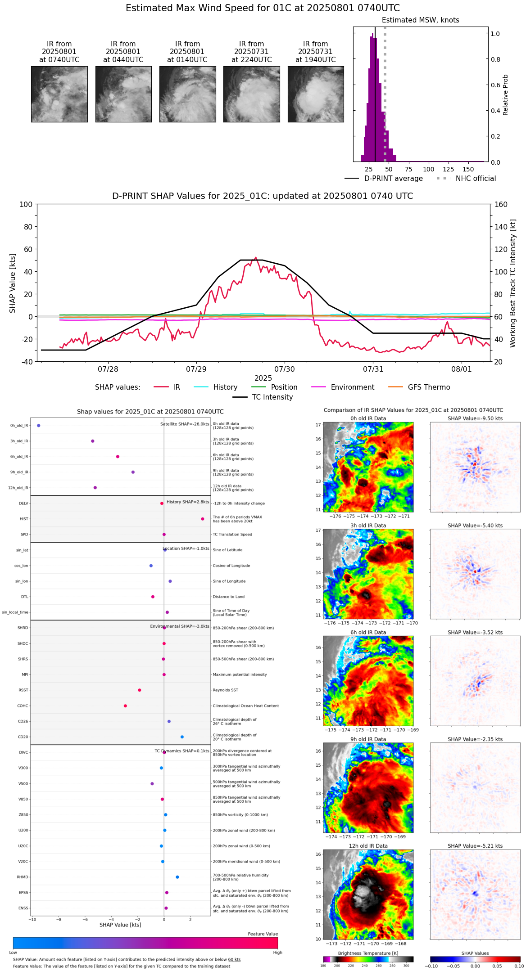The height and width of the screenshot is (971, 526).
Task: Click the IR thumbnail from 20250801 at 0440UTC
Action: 123,94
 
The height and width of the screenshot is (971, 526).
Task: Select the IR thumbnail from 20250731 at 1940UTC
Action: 316,94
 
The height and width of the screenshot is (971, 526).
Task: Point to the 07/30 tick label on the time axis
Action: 285,369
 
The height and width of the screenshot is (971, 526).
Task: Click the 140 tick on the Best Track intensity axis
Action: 501,227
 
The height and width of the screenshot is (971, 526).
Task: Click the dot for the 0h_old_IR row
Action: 39,426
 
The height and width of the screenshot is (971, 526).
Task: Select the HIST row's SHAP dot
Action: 203,519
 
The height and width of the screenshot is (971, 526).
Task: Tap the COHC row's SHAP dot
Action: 125,706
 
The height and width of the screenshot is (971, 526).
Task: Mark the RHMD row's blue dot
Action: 177,877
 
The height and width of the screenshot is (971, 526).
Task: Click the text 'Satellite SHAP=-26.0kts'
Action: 185,424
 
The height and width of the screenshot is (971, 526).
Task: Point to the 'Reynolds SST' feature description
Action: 226,690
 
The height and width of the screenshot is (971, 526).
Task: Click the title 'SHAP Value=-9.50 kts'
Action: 475,418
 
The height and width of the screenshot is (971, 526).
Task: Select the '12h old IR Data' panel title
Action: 368,846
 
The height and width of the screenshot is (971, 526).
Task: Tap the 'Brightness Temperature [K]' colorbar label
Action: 368,953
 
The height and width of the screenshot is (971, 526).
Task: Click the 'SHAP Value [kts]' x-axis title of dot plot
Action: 120,925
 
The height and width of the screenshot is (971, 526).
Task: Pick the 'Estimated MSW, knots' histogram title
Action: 421,20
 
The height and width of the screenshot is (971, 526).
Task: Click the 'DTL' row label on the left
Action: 24,597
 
